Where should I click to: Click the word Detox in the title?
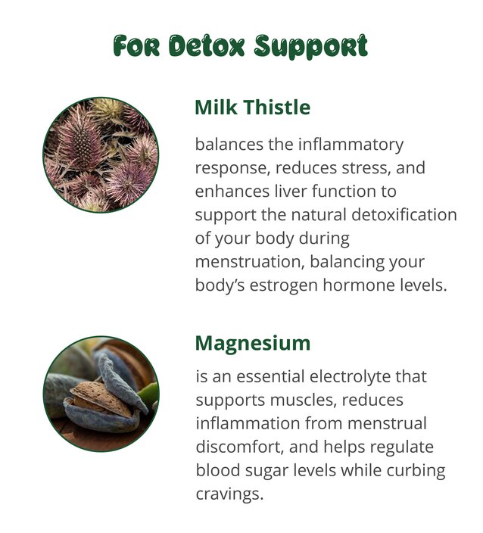[207, 45]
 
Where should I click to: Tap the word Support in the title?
[311, 47]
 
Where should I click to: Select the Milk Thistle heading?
[253, 107]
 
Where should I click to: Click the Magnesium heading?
[253, 344]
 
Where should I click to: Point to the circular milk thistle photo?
[101, 155]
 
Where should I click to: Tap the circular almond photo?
[101, 394]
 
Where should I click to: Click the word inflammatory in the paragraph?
[351, 145]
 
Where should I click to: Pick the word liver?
[291, 191]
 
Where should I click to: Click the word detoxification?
[404, 214]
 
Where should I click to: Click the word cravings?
[229, 494]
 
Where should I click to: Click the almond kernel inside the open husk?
[102, 399]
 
